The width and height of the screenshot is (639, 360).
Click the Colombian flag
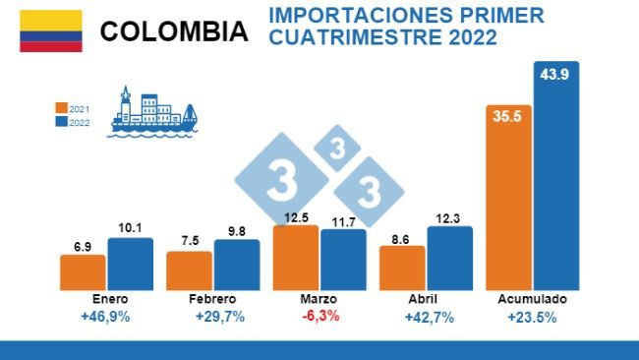tap(51, 31)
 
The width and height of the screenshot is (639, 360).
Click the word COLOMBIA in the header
tap(173, 31)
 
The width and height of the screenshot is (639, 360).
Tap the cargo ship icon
tap(152, 112)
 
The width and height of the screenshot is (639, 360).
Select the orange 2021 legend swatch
tap(61, 108)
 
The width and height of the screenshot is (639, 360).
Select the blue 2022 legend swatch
tap(61, 123)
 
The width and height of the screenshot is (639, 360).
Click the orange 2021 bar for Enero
tap(83, 270)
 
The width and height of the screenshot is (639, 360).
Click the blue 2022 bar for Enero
tap(130, 263)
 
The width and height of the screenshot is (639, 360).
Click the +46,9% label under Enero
tap(107, 317)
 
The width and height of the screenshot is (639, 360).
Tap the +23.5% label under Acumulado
tap(533, 317)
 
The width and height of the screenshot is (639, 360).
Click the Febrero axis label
tap(213, 298)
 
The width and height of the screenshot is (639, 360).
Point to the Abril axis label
tap(426, 298)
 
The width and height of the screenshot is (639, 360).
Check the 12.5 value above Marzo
tap(296, 217)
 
